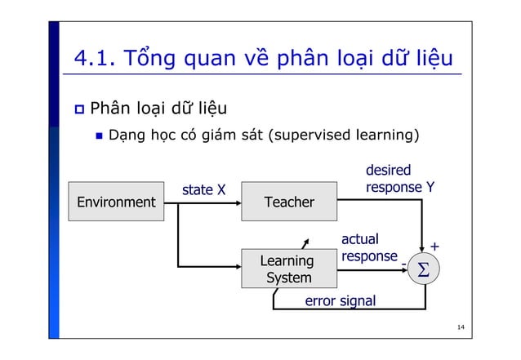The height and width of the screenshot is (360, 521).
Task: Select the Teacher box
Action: pos(289,202)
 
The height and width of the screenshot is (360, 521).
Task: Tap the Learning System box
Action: pos(289,269)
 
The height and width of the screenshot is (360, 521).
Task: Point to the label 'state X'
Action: pos(203,190)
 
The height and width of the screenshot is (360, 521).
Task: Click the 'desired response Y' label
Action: pos(399,180)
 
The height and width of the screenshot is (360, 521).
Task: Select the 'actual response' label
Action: pos(368,247)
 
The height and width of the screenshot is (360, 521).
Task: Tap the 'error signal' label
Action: pos(340,301)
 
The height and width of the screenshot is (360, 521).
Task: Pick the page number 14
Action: pos(461,328)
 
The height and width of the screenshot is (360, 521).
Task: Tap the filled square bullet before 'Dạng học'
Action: pos(98,134)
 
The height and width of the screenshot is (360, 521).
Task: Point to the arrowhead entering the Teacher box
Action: pos(237,202)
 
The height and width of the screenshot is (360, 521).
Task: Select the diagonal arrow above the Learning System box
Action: pos(305,242)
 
